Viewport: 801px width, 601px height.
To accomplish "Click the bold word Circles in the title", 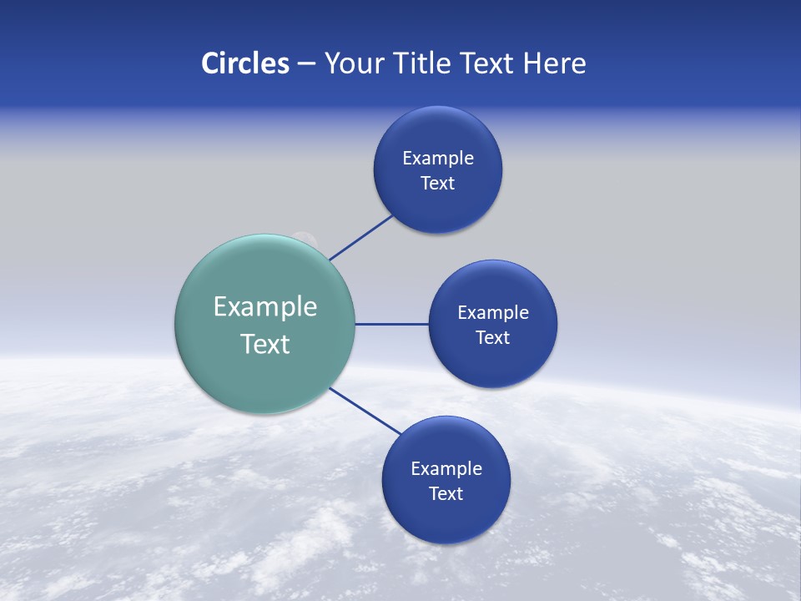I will coord(245,63).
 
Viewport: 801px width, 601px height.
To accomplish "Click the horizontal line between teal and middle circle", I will coord(391,324).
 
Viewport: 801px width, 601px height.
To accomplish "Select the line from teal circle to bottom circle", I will coord(365,411).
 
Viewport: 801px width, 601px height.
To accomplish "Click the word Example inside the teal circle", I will coord(265,306).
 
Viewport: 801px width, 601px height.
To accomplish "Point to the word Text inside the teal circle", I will coord(265,344).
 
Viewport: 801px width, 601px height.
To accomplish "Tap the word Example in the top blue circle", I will coord(438,158).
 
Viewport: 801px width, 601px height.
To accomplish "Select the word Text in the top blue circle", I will coord(437,183).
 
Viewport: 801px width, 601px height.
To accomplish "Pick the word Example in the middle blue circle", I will coord(493,312).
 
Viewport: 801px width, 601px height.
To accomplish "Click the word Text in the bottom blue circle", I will coord(446,493).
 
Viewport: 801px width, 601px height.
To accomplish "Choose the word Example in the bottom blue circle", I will coord(446,468).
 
